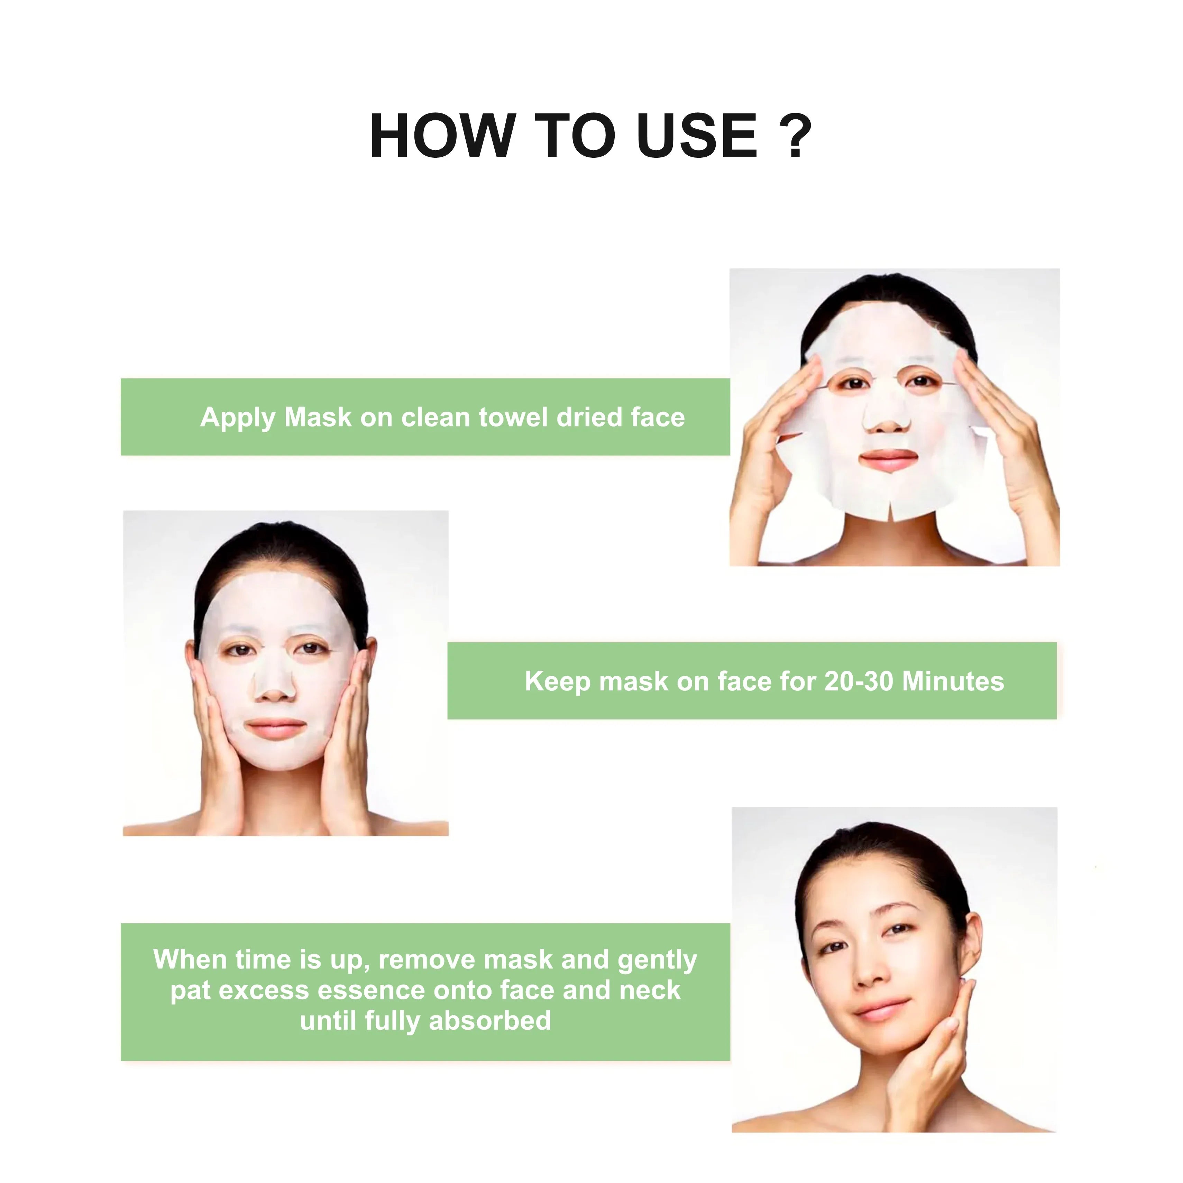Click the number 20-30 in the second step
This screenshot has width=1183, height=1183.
tap(859, 681)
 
